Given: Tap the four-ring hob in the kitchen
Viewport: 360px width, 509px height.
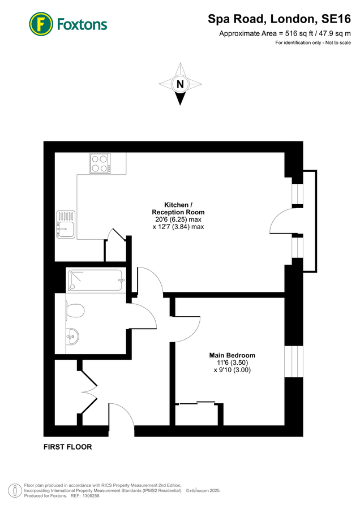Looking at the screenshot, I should [x=100, y=163].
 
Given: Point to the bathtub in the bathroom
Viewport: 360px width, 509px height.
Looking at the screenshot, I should [x=95, y=281].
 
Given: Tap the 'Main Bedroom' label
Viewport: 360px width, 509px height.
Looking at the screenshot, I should [x=230, y=355].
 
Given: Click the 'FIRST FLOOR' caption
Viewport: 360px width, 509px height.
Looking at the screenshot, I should [x=67, y=447].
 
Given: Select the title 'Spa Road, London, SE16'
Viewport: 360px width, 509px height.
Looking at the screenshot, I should [x=280, y=20].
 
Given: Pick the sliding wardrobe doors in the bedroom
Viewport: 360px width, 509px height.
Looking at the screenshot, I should [x=196, y=403].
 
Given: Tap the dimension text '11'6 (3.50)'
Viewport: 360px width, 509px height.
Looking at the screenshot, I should [x=230, y=363].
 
